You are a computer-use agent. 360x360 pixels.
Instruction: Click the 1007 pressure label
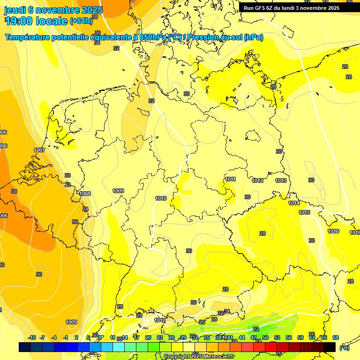coord(39,150)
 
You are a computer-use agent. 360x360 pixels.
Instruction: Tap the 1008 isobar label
coord(85,194)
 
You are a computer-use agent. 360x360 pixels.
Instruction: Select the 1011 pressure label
coord(230,179)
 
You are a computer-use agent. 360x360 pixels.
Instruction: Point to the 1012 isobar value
coord(257,180)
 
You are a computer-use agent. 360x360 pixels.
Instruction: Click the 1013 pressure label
coord(281,180)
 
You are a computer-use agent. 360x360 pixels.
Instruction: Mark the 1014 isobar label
coord(294,203)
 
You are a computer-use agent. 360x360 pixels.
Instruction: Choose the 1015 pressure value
coord(304,212)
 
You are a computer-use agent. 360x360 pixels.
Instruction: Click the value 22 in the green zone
coord(255,329)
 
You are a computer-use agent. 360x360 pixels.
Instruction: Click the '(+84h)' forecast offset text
coord(81,21)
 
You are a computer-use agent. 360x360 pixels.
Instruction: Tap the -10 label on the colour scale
coord(32,337)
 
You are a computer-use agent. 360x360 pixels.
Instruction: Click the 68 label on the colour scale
coord(336,337)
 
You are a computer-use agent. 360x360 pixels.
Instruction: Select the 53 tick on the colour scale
coord(277,337)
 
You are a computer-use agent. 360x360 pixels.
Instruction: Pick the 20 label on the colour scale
coord(148,337)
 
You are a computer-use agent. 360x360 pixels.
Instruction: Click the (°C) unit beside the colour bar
coord(344,347)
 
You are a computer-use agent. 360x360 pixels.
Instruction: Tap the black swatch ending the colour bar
coord(330,347)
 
